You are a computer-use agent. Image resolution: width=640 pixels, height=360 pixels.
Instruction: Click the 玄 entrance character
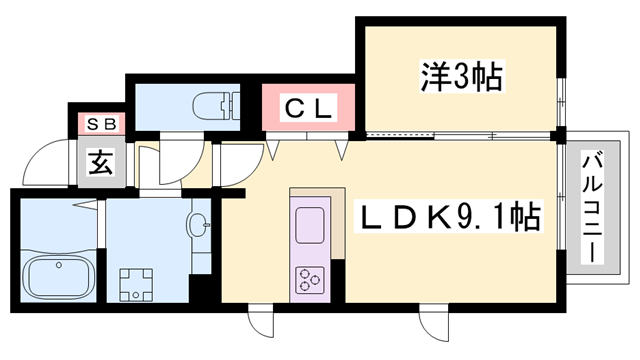(99, 161)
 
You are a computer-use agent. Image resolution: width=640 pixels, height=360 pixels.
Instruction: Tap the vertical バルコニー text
(590, 207)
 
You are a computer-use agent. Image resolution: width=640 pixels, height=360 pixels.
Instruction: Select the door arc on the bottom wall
(260, 322)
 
